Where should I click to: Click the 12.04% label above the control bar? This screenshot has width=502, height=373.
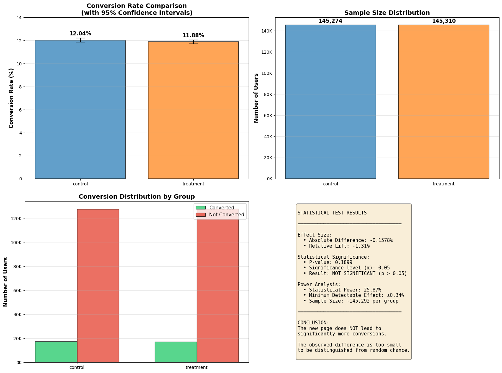pos(80,34)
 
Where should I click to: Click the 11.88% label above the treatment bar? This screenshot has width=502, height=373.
pos(193,35)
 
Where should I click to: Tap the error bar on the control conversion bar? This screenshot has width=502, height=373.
pos(80,40)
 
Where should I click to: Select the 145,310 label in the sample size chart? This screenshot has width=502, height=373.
pos(444,21)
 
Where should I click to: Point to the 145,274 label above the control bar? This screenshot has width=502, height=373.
pos(330,21)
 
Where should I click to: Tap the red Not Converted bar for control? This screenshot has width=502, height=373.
pos(98,286)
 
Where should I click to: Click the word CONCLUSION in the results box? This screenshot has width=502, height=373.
pos(313,323)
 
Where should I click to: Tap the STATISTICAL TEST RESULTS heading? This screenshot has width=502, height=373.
pos(332,213)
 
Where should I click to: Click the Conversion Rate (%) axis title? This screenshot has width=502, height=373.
pos(11,98)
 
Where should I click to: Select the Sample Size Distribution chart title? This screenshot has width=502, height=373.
pos(387,13)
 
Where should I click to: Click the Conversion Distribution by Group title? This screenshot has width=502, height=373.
pos(136,196)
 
